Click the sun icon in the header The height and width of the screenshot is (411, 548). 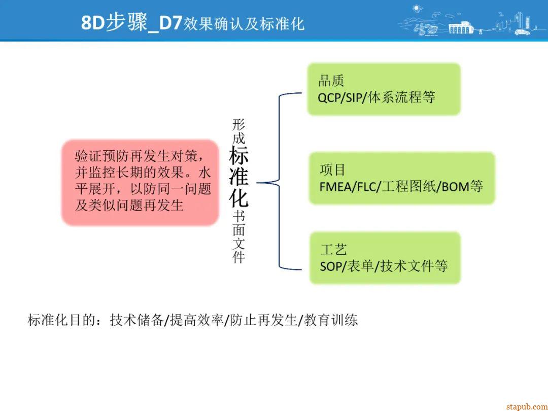(418, 8)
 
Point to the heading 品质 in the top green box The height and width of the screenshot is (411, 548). (331, 80)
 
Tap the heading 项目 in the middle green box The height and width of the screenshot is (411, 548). (332, 169)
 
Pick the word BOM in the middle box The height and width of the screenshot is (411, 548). (455, 186)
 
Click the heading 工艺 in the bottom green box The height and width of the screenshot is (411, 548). (333, 249)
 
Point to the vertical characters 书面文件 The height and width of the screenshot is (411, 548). (238, 236)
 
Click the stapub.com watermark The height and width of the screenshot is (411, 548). (526, 406)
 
